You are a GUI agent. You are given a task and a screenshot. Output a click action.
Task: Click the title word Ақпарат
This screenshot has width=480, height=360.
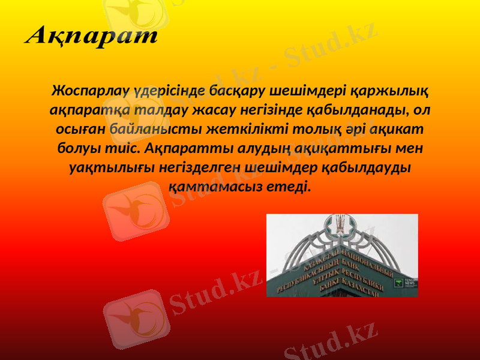91,35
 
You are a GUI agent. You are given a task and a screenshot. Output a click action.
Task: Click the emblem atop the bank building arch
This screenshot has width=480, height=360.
341,225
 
